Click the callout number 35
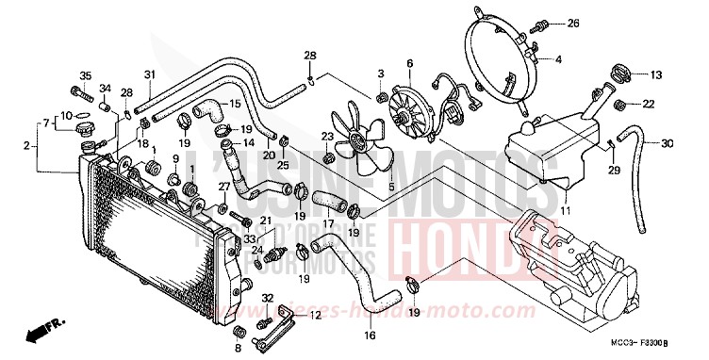coord(84,75)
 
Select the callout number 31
coord(149,75)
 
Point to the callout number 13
coord(656,73)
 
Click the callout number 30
coord(668,144)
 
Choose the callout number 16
coord(371,334)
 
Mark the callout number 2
coord(26,145)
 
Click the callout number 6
coord(410,64)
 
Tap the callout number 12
coord(315,316)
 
